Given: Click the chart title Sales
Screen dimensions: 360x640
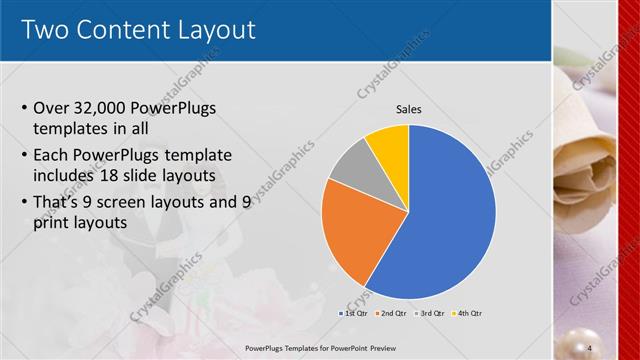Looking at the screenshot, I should coord(409,109).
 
